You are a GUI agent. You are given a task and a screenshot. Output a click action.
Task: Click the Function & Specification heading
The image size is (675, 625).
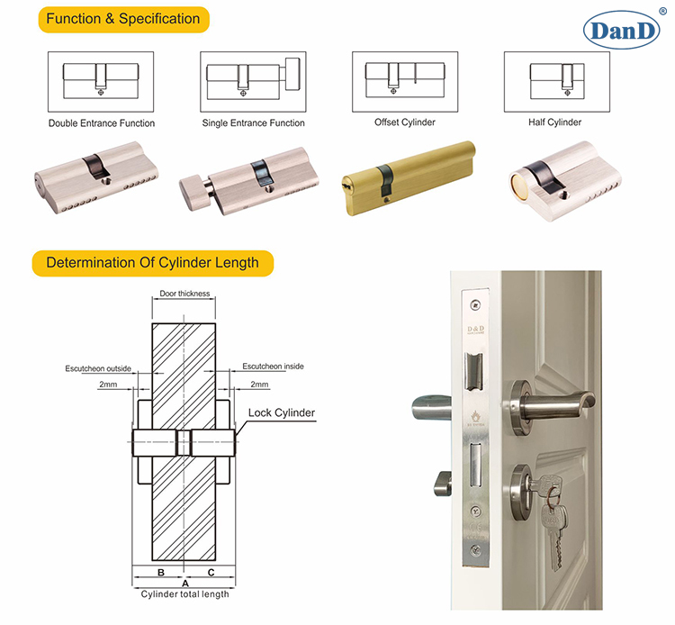pos(123,18)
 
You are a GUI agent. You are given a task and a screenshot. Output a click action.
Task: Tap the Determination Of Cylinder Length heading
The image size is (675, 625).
pos(152,263)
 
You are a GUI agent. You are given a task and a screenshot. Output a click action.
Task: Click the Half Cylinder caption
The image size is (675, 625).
pos(556,122)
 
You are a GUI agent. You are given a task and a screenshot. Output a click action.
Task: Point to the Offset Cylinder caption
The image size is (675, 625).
pos(404,122)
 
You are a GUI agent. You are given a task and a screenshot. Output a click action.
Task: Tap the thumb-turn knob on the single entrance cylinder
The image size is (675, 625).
pos(193,189)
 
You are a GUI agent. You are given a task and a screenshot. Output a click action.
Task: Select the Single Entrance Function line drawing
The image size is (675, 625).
pos(254,81)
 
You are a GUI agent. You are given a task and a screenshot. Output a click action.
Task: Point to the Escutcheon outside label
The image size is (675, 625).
pos(98,368)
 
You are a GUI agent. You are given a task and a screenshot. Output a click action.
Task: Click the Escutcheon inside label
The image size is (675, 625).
pos(273,367)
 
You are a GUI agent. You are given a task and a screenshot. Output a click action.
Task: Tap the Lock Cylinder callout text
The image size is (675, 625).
pos(282,413)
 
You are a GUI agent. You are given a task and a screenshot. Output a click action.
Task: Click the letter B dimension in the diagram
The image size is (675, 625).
pos(159,572)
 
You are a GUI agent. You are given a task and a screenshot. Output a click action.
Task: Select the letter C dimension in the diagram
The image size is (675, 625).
pos(211,572)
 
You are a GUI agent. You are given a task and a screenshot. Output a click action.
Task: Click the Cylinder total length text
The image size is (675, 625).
pos(184,594)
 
